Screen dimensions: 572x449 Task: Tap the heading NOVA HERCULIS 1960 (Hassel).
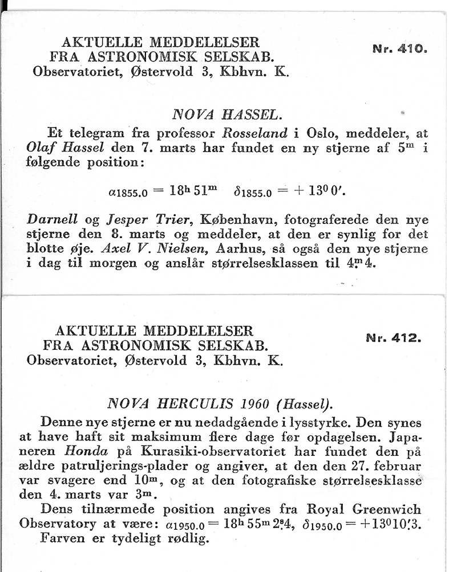click(x=220, y=404)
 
